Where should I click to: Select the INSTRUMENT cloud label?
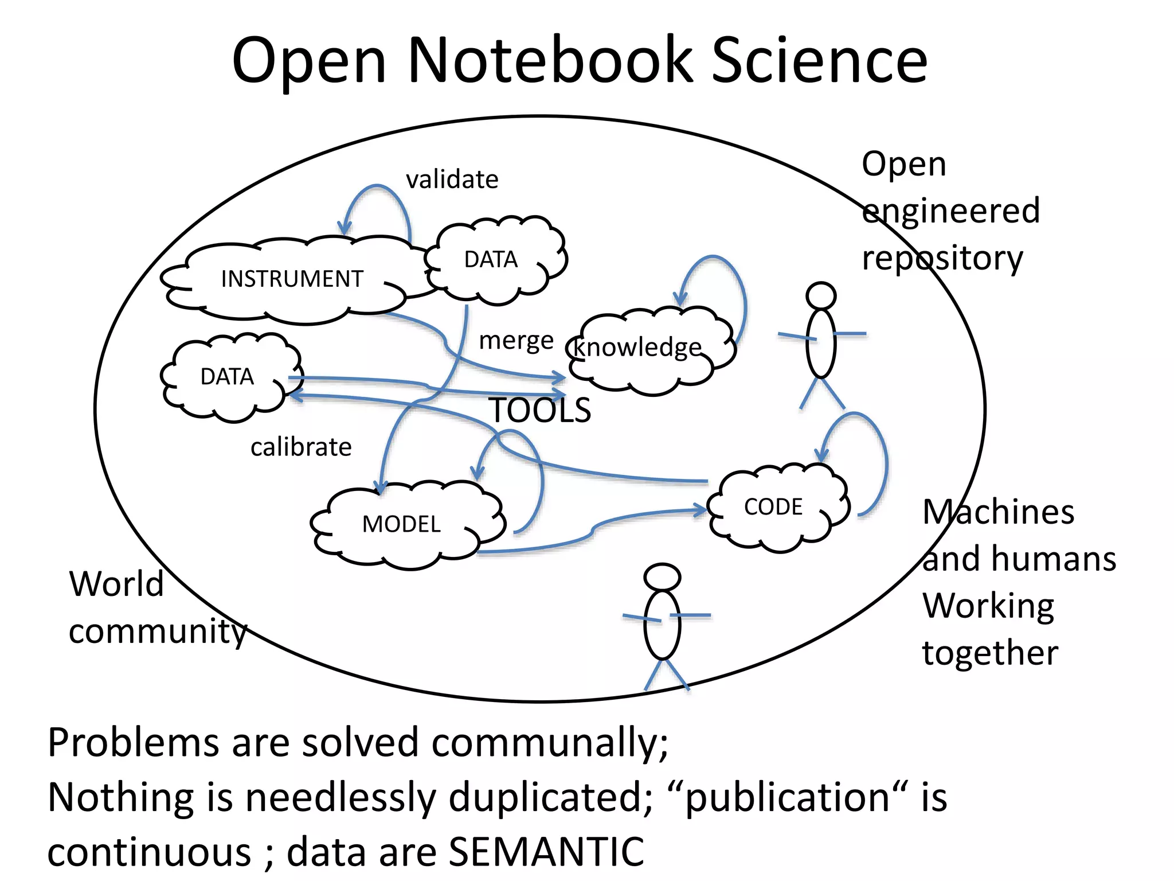point(292,279)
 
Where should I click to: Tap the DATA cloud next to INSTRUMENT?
point(491,260)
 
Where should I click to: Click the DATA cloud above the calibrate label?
point(227,377)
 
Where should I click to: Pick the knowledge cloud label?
point(637,348)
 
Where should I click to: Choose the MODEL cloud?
point(401,524)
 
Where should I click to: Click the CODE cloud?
point(773,507)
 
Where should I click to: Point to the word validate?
point(452,180)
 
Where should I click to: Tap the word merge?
point(516,341)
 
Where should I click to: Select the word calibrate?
point(301,447)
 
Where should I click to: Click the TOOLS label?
point(540,411)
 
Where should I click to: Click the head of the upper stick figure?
point(821,296)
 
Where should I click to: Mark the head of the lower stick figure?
point(662,577)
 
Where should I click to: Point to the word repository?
point(942,259)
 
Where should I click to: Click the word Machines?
point(998,512)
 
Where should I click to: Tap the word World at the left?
point(116,584)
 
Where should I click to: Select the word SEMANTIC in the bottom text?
point(546,852)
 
